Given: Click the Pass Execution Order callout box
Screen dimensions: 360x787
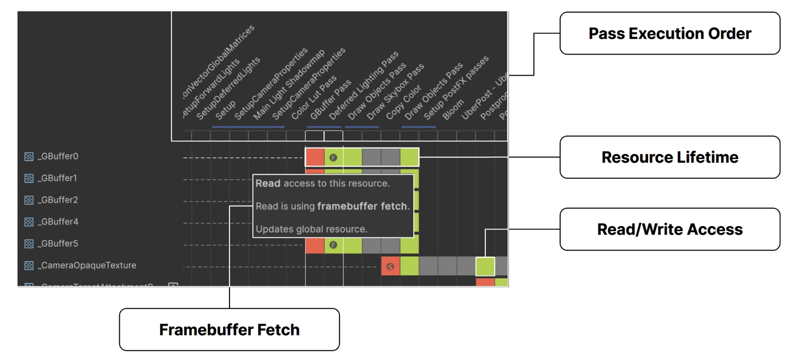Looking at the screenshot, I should click(x=669, y=33).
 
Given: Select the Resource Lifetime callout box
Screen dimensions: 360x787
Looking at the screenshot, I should click(x=669, y=157).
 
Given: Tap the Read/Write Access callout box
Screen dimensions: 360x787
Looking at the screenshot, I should click(x=669, y=229).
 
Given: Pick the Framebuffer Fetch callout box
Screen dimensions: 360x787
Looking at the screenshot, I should click(x=229, y=329).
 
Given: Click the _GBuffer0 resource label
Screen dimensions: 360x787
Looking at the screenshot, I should click(x=58, y=156).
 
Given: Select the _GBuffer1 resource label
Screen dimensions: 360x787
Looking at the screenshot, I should click(x=58, y=178).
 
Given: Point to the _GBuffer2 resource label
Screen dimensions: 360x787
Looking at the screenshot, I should click(x=58, y=200).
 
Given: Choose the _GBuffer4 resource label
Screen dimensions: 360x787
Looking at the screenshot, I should click(x=58, y=222).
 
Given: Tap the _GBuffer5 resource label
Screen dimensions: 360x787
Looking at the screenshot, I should click(x=58, y=244).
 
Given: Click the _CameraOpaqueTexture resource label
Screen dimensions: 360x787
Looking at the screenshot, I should click(x=86, y=265).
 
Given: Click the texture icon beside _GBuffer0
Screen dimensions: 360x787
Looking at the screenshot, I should click(x=29, y=157).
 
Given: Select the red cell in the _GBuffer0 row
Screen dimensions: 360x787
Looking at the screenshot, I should click(x=315, y=157).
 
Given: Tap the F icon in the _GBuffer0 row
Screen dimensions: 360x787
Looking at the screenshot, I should click(x=333, y=157).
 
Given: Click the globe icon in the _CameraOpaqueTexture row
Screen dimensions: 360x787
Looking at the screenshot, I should click(x=390, y=267).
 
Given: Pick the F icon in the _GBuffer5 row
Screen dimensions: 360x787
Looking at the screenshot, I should click(x=333, y=245).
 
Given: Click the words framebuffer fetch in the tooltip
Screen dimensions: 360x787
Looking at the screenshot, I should click(x=362, y=206).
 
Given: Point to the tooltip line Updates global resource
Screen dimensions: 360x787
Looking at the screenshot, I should click(x=312, y=229).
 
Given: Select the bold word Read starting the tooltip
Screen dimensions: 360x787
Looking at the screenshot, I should click(x=268, y=184).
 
